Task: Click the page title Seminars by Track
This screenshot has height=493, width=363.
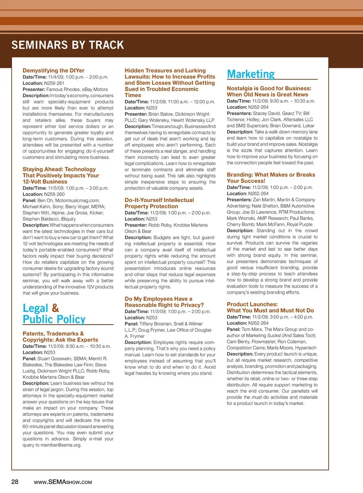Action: (68, 45)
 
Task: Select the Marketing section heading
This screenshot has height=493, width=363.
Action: (251, 74)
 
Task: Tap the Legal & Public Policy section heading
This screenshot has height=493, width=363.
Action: (54, 314)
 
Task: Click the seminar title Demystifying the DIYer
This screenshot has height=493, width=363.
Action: (53, 71)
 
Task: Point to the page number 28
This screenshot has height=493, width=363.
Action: (15, 482)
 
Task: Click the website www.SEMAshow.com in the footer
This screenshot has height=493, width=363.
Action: (63, 482)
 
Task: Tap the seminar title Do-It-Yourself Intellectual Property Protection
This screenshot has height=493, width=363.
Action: (159, 203)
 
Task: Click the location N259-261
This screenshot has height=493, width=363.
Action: (54, 83)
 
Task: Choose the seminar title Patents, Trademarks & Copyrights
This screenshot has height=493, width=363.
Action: (60, 337)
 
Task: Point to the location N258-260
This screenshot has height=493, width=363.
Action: (54, 194)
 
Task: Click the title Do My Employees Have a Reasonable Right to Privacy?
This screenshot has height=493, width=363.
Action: (164, 302)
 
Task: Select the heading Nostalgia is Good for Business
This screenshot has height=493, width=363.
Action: (268, 91)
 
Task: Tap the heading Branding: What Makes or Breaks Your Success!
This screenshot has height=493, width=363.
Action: (270, 178)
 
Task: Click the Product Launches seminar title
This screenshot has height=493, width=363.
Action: (270, 307)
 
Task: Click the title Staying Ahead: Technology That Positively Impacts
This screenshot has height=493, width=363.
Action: (60, 175)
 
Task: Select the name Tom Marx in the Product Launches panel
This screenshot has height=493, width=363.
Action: (251, 329)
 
